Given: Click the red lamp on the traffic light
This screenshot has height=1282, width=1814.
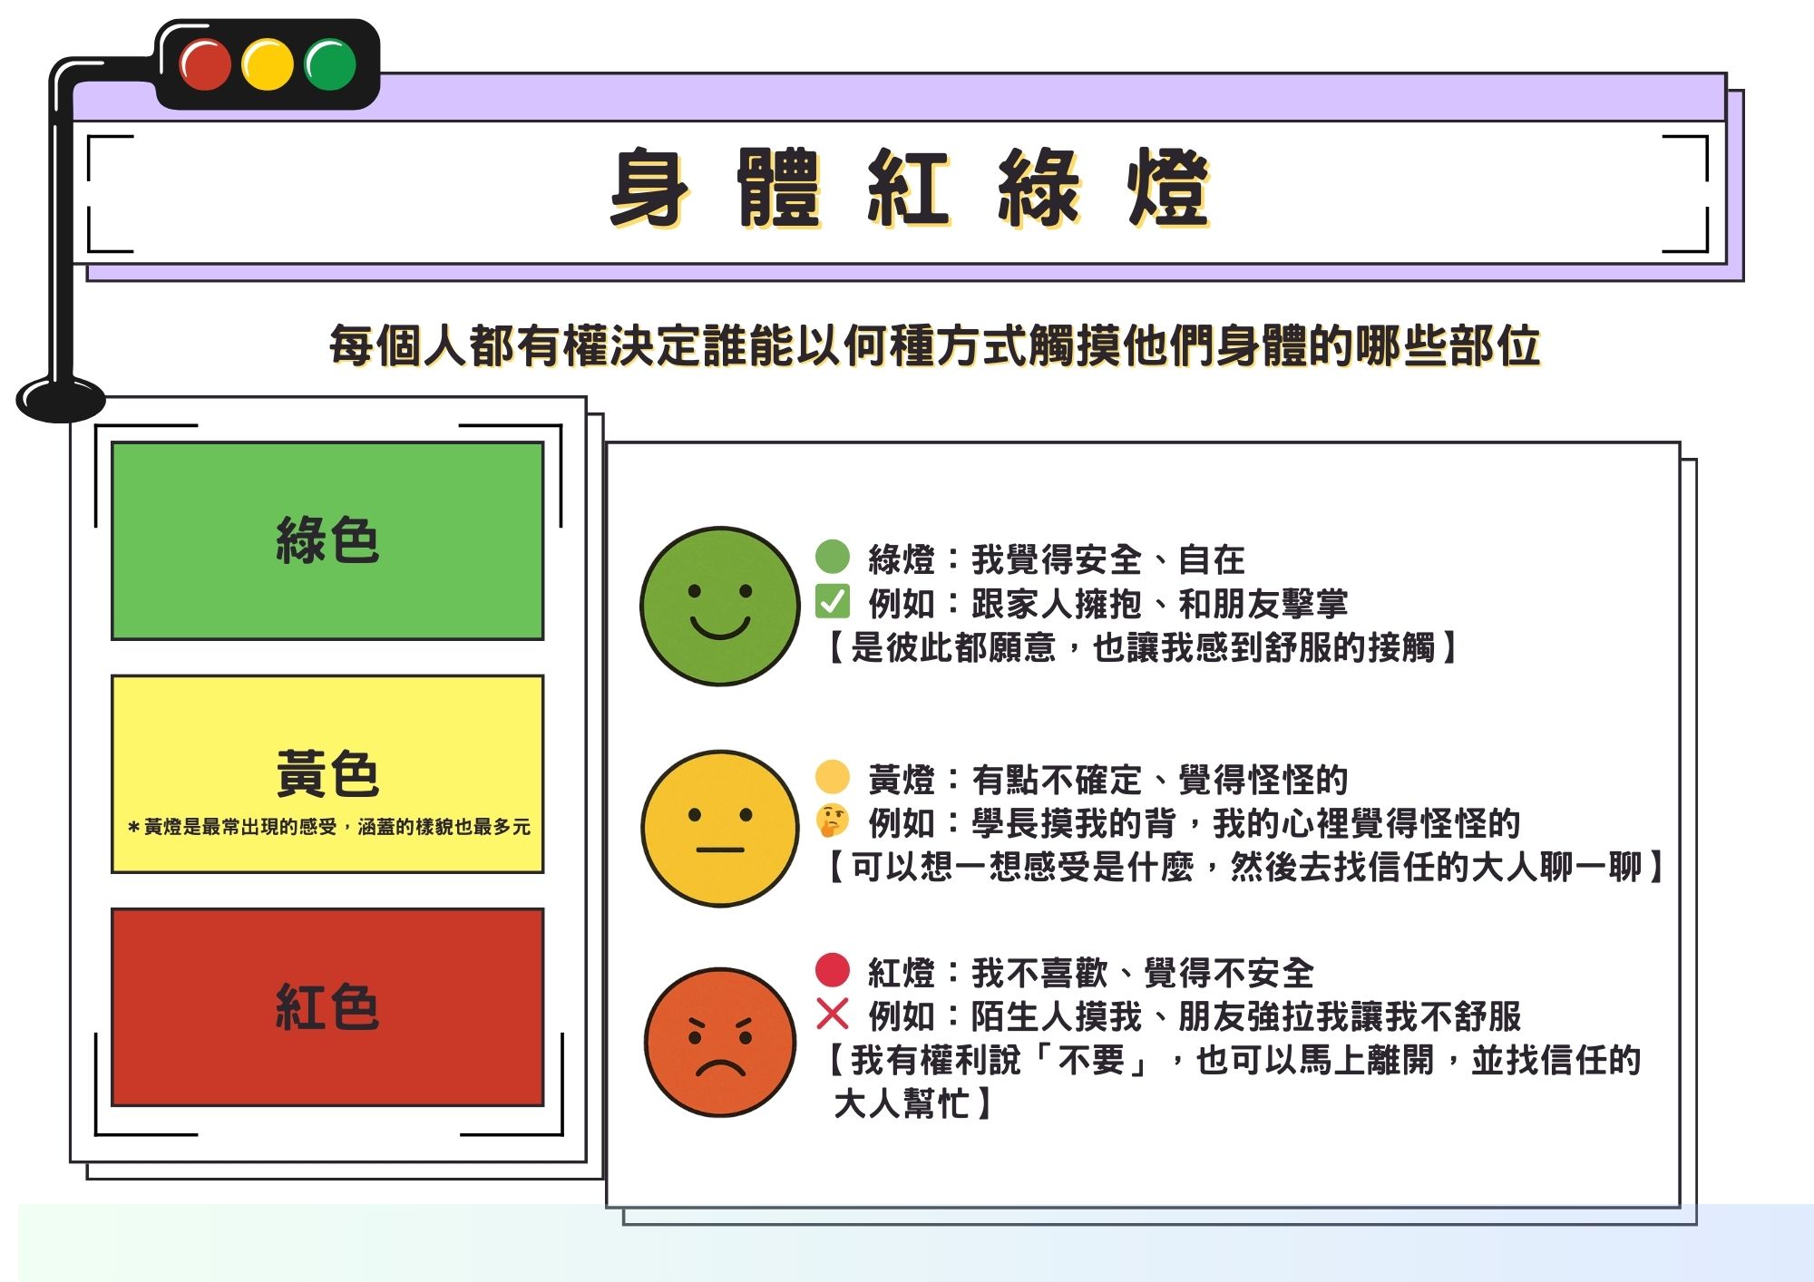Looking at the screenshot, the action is pyautogui.click(x=205, y=63).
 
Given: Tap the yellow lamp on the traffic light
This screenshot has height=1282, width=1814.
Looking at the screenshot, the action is pyautogui.click(x=268, y=63).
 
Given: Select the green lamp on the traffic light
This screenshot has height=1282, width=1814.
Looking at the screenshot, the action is pyautogui.click(x=330, y=63).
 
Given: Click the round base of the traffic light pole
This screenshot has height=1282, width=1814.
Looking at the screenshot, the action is pyautogui.click(x=61, y=399).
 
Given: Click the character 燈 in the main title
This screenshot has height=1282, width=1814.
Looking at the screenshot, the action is pyautogui.click(x=1168, y=188).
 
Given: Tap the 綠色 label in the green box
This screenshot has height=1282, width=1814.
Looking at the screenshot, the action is pyautogui.click(x=327, y=540).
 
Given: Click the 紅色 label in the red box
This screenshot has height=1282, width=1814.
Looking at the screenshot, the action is pyautogui.click(x=327, y=1006).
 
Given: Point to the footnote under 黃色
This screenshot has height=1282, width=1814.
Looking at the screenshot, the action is pyautogui.click(x=328, y=827).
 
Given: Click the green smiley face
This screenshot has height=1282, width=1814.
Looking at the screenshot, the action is pyautogui.click(x=720, y=606).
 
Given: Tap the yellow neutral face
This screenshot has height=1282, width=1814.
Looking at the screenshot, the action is pyautogui.click(x=720, y=828).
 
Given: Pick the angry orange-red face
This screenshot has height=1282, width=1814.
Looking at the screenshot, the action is pyautogui.click(x=720, y=1042).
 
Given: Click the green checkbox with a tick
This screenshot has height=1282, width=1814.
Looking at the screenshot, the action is pyautogui.click(x=832, y=602).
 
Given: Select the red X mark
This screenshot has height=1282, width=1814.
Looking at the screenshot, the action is pyautogui.click(x=832, y=1014).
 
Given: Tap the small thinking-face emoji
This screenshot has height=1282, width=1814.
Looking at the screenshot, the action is pyautogui.click(x=833, y=821).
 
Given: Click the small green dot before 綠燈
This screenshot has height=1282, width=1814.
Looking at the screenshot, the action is pyautogui.click(x=833, y=557).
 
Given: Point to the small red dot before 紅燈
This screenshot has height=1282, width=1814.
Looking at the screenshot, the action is pyautogui.click(x=833, y=969).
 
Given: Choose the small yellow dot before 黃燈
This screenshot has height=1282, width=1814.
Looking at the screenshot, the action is pyautogui.click(x=833, y=777).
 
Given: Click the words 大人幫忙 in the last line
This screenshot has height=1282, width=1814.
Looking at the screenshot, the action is pyautogui.click(x=902, y=1103).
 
